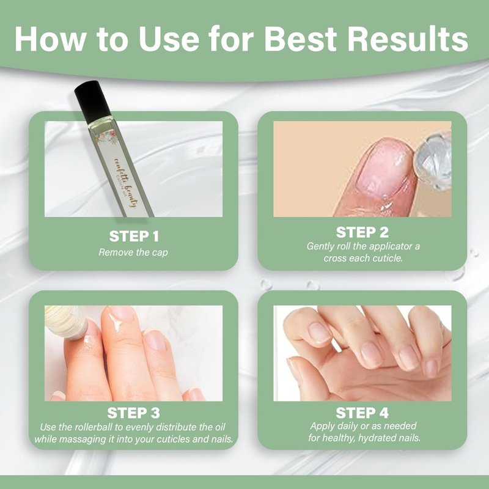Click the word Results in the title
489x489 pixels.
(408, 39)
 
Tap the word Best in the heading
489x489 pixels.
(301, 39)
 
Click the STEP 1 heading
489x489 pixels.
(134, 236)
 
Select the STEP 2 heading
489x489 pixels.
(362, 232)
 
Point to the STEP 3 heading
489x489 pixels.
(133, 413)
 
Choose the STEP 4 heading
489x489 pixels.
(362, 413)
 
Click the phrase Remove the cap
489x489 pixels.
(133, 252)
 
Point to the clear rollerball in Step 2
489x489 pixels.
(433, 161)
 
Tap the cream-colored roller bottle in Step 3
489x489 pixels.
(66, 322)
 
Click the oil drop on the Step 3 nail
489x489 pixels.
(116, 322)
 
